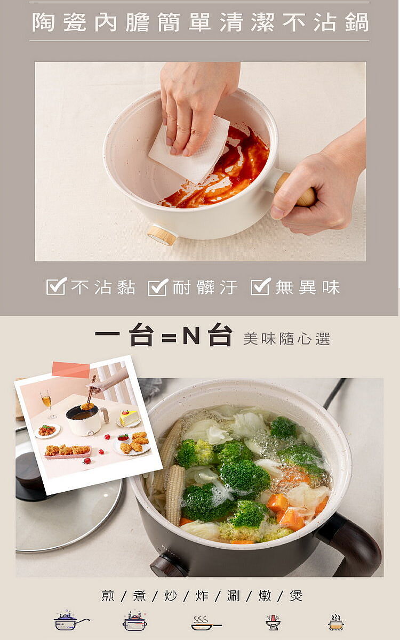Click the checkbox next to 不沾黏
(x=57, y=286)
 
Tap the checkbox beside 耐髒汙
(x=158, y=287)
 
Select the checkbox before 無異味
(x=260, y=286)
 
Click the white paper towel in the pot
(x=189, y=149)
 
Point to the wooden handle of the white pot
(x=295, y=189)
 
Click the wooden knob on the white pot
(x=163, y=235)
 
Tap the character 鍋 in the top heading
(x=357, y=22)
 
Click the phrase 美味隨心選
(x=286, y=339)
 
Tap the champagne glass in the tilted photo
(x=47, y=404)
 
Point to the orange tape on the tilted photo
(x=71, y=370)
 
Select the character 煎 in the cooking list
(x=108, y=596)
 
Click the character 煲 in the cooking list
(x=295, y=596)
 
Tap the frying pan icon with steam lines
(x=206, y=622)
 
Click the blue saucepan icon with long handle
(x=71, y=621)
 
